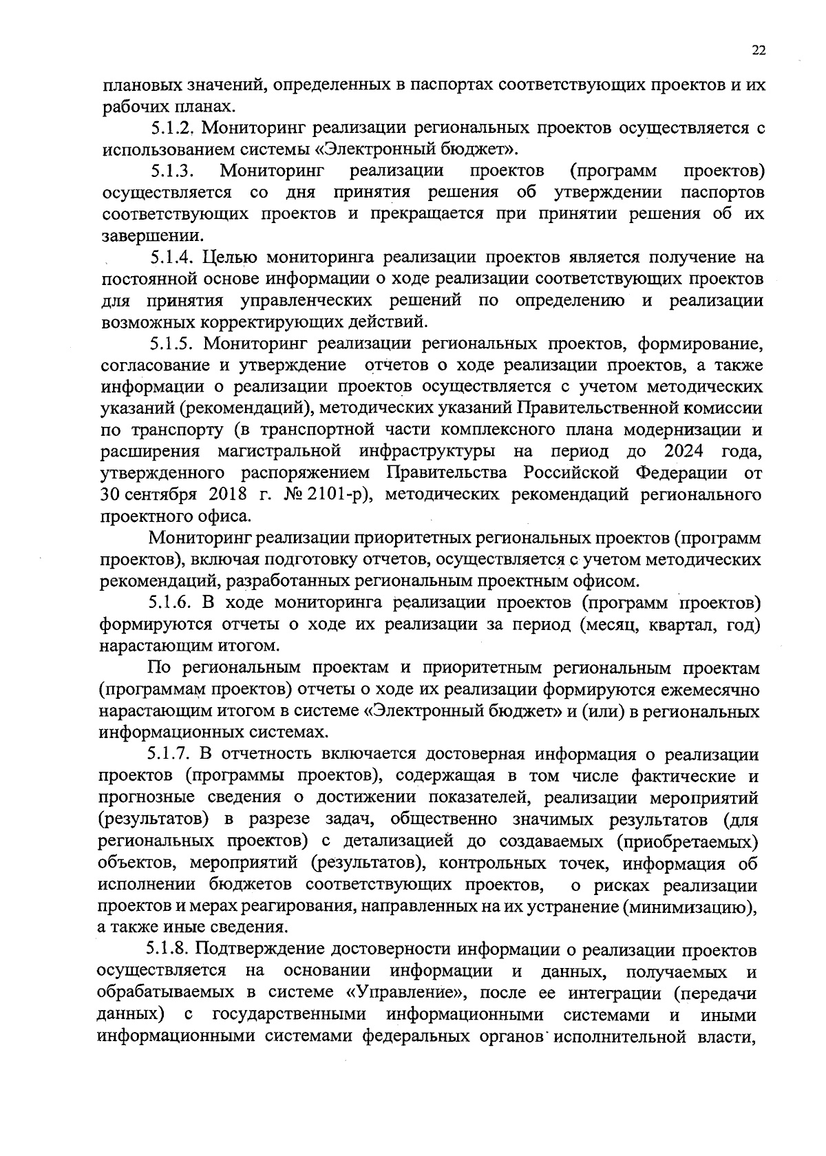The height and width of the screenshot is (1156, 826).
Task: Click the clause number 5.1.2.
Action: pyautogui.click(x=174, y=127)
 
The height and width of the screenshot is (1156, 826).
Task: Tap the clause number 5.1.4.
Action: pyautogui.click(x=175, y=258)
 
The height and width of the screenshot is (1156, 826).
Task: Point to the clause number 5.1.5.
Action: pyautogui.click(x=175, y=343)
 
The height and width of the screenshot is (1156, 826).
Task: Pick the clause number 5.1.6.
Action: pyautogui.click(x=175, y=602)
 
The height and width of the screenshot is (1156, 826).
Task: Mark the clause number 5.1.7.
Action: pyautogui.click(x=173, y=755)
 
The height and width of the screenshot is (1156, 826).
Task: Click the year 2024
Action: pyautogui.click(x=688, y=452)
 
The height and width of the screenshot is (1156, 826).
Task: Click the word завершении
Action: pyautogui.click(x=143, y=236)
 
